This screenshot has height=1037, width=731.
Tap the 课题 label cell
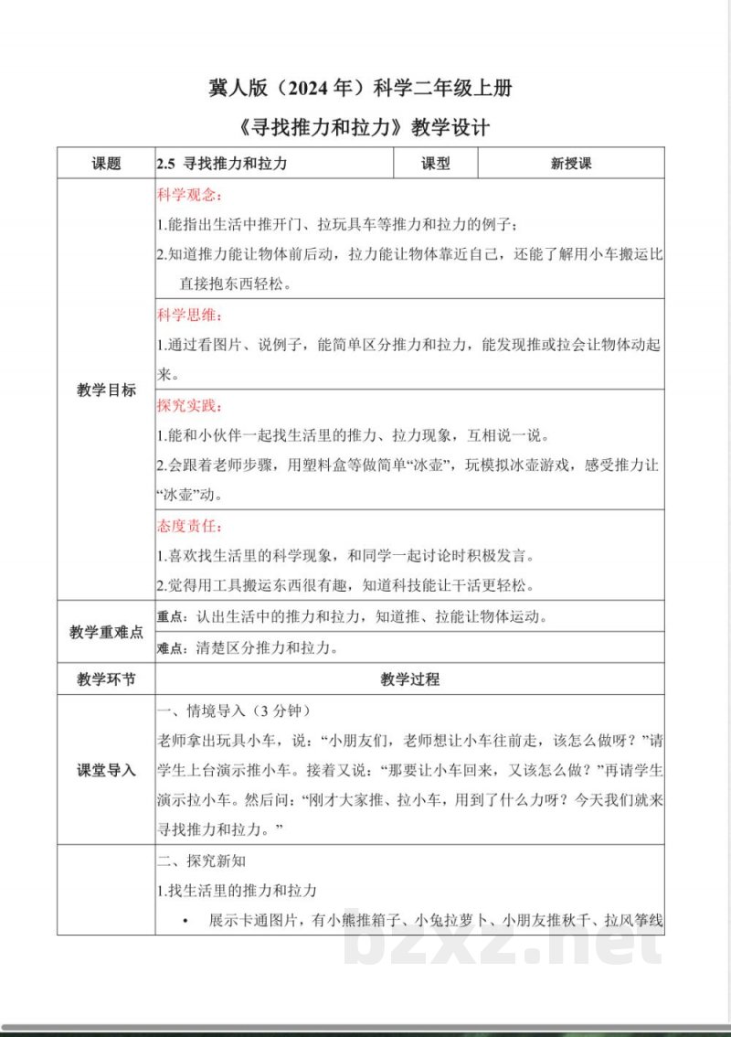click(x=106, y=164)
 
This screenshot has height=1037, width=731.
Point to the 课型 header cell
click(x=436, y=164)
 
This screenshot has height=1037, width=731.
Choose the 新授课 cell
click(x=571, y=164)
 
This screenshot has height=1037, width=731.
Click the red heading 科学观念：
click(x=189, y=196)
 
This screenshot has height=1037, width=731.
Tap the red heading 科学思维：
click(x=189, y=316)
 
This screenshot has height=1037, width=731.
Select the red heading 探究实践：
click(x=189, y=405)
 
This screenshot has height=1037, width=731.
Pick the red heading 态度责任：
click(x=189, y=527)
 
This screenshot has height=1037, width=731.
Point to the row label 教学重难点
click(x=106, y=632)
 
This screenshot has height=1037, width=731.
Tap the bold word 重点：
click(x=175, y=616)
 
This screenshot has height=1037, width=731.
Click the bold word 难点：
click(x=175, y=649)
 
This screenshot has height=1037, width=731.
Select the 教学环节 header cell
click(x=106, y=679)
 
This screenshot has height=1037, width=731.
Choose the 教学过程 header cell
click(x=409, y=679)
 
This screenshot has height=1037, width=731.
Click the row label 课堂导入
click(x=106, y=770)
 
